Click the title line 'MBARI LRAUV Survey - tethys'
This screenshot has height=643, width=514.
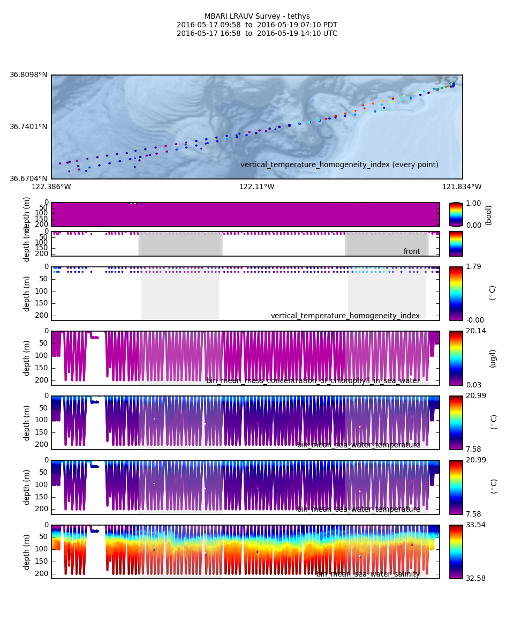[257, 17]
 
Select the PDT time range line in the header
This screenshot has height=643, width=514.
[257, 25]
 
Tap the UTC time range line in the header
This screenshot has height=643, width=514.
[257, 34]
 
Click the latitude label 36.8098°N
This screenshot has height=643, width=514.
[28, 75]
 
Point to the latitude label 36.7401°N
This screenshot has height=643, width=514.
[28, 127]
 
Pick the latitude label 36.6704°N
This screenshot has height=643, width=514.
[28, 179]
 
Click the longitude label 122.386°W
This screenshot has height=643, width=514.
[51, 187]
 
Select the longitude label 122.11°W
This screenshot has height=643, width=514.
[256, 187]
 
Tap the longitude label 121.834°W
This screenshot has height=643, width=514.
[462, 187]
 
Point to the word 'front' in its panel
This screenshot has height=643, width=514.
[412, 252]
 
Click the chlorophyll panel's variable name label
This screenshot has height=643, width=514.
[313, 381]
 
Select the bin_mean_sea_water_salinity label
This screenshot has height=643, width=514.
[368, 574]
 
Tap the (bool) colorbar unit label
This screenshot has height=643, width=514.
[488, 215]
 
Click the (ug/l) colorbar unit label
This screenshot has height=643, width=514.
[493, 358]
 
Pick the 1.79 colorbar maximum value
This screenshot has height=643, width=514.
[473, 267]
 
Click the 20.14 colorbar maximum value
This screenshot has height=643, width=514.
[475, 331]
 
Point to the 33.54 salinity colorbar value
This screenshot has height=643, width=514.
[475, 525]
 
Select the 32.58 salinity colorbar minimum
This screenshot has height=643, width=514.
[475, 578]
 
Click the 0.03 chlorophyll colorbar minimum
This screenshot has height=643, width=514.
[473, 385]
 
